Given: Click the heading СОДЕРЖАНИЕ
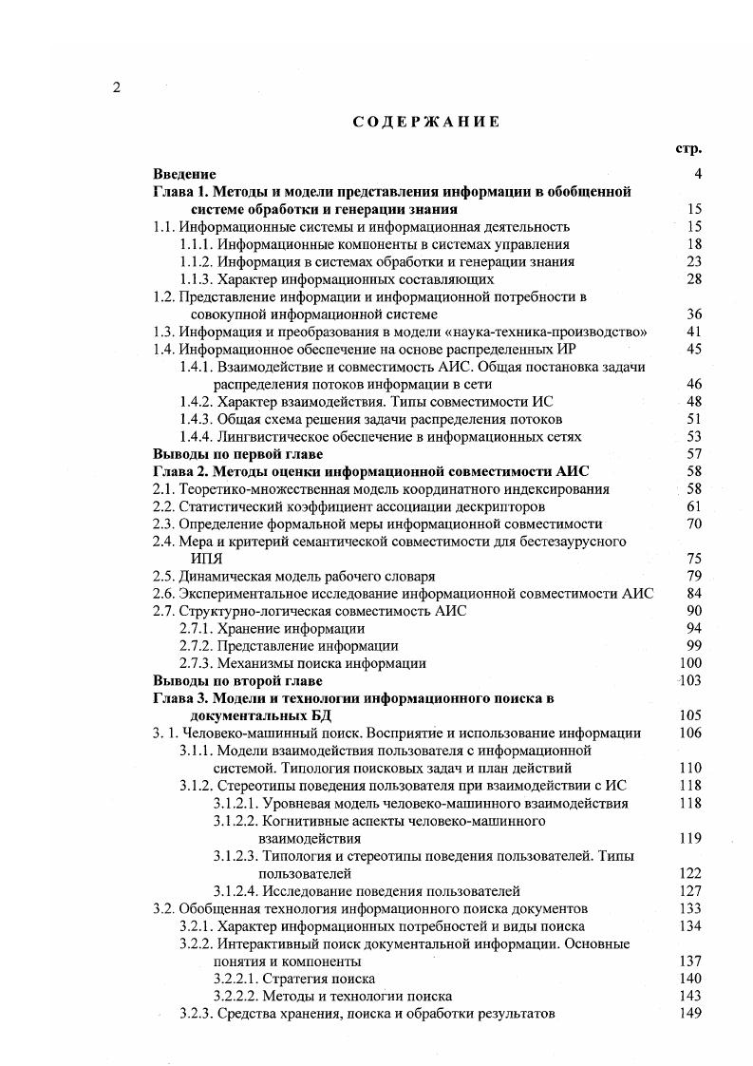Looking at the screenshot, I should click(x=426, y=122).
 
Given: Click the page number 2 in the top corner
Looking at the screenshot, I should click(x=116, y=88).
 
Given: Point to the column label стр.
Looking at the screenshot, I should click(x=687, y=149).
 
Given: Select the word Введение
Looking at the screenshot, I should click(x=184, y=175).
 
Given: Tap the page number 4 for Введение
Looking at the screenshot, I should click(x=697, y=175).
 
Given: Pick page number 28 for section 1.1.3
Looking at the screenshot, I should click(x=693, y=279).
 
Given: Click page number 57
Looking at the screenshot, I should click(x=693, y=454).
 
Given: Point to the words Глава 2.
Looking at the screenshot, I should click(x=181, y=471).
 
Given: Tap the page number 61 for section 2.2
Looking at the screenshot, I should click(x=693, y=506).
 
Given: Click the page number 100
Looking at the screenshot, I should click(x=690, y=663).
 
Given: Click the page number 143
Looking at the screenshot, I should click(x=690, y=996).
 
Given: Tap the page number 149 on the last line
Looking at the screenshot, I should click(x=690, y=1013).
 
